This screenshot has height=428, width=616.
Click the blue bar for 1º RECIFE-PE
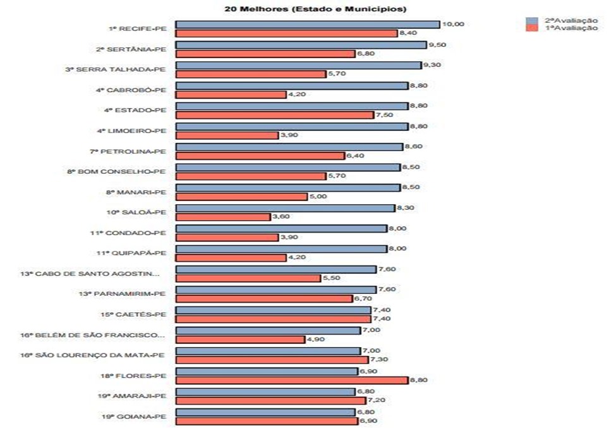point(307,24)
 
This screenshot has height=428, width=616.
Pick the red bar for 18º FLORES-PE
point(291,380)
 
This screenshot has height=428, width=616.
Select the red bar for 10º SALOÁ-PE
point(222,217)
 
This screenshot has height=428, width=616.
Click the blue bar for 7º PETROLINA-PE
point(289,147)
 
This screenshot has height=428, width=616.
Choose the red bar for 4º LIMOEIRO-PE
point(226,135)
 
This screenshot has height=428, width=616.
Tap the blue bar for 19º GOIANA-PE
point(265,412)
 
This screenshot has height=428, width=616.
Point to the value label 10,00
point(453,24)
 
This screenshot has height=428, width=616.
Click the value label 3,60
point(281,217)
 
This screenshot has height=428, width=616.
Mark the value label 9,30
point(433,65)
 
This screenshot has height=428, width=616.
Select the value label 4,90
point(316,339)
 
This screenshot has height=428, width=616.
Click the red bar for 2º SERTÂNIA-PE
point(265,54)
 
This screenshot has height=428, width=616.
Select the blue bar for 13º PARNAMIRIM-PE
point(275,290)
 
